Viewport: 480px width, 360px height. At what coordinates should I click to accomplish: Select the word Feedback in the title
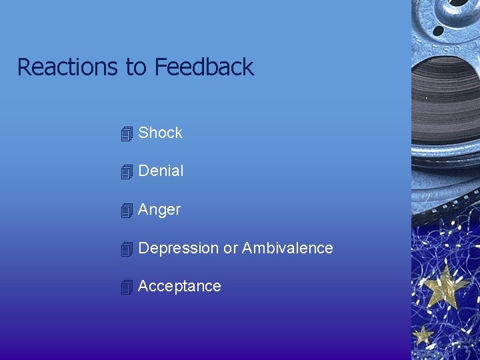(x=204, y=67)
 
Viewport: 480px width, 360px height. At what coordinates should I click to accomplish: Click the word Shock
(x=160, y=133)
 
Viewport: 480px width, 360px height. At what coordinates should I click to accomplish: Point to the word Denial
(x=161, y=171)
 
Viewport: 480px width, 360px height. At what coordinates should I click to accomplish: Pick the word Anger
(x=159, y=209)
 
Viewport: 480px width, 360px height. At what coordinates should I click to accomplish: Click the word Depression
(x=178, y=248)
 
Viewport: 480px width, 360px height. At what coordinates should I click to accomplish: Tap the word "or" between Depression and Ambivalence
(x=230, y=248)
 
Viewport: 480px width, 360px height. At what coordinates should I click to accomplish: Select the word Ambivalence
(x=287, y=248)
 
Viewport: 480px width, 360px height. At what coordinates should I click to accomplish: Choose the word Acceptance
(x=179, y=286)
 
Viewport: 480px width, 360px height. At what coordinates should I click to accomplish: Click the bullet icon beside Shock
(x=127, y=134)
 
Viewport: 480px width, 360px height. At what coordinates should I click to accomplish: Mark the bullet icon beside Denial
(x=127, y=172)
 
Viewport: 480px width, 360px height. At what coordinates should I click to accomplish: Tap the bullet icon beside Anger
(x=127, y=211)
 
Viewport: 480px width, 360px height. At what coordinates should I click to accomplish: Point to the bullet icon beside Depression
(x=127, y=249)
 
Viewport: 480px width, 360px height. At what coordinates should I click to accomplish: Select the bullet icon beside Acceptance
(x=127, y=287)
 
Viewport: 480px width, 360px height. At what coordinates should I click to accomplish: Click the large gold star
(x=445, y=285)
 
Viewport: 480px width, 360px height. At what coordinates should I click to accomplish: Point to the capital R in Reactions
(x=24, y=67)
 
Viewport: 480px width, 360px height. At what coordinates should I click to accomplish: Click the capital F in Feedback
(x=161, y=67)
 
